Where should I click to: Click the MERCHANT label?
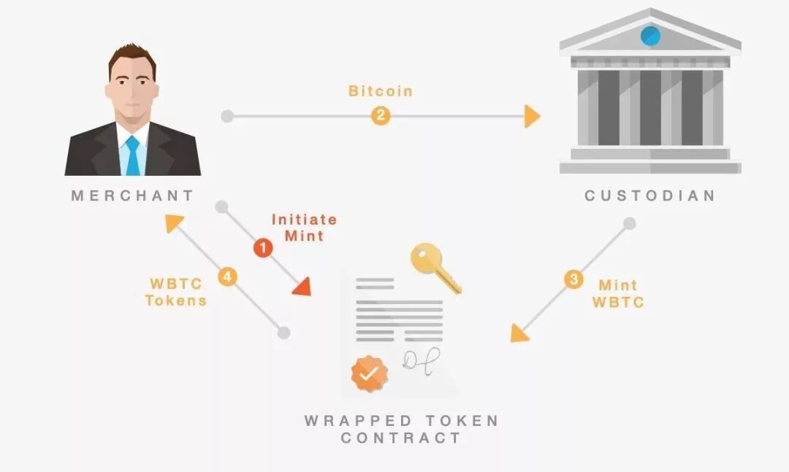pos(132,196)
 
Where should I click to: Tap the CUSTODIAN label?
pos(649,196)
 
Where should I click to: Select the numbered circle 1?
pos(262,248)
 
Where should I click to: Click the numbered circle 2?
pos(380,115)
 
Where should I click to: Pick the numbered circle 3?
pos(573,279)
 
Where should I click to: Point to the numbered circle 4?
pos(227,276)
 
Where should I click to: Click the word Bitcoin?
pos(380,91)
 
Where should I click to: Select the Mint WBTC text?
pos(618,293)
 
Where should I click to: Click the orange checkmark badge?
pos(370,374)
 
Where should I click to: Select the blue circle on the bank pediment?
pos(649,35)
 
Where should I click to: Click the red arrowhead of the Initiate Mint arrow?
pos(302,287)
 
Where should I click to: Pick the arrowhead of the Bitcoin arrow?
pos(532,116)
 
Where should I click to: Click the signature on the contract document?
pos(422,360)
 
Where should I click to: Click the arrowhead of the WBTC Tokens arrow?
pos(173,222)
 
